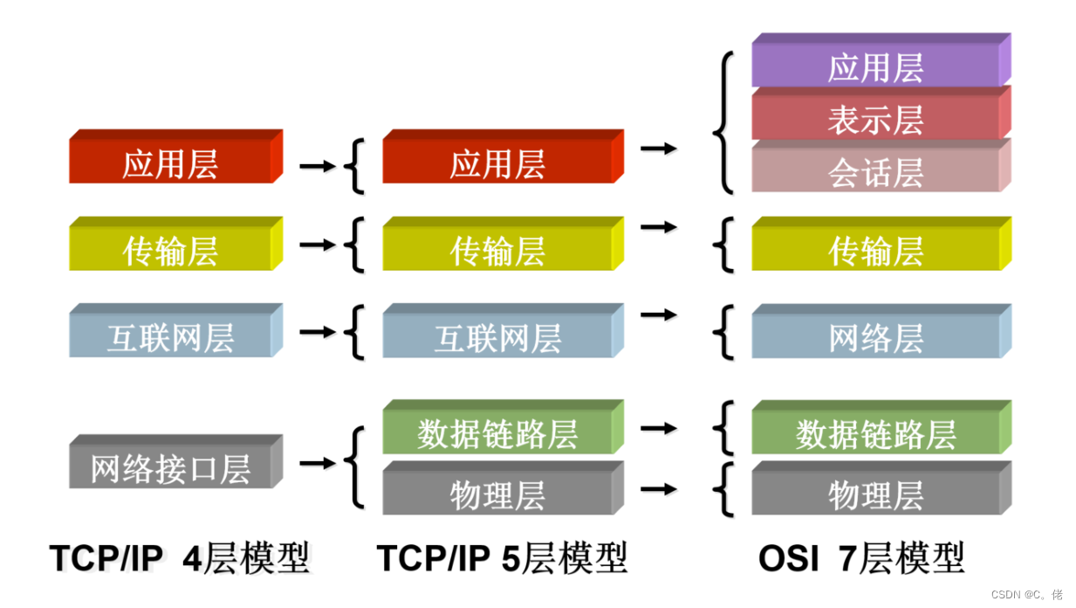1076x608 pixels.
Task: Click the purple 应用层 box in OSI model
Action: [875, 67]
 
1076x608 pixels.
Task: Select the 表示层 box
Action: [875, 120]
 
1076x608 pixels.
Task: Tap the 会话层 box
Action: [875, 172]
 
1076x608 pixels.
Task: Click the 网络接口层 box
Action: [170, 468]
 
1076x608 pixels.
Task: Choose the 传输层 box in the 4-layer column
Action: [170, 251]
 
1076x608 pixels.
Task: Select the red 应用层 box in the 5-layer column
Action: [497, 163]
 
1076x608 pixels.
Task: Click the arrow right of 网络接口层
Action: [317, 463]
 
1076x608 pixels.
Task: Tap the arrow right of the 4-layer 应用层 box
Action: [317, 165]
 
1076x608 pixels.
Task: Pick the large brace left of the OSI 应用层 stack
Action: [723, 122]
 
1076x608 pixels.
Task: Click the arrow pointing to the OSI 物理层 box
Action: [658, 489]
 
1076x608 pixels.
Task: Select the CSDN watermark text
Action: [1026, 594]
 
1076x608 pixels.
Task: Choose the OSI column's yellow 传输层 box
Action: [875, 251]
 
